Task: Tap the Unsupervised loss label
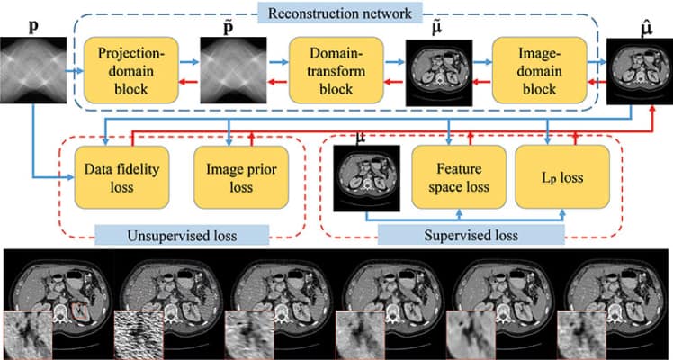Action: click(183, 236)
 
